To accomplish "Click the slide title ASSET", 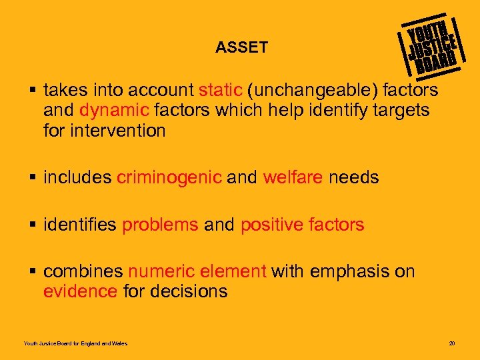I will coord(241,47).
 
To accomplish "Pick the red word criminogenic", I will coord(169,178).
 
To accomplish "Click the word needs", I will coord(353,178).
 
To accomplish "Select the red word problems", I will coord(160,225).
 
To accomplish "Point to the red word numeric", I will coord(160,271).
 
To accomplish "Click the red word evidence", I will coord(81,291).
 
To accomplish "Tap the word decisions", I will coord(189,291).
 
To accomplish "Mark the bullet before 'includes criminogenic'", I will coord(33,178).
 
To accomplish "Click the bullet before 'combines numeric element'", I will coord(33,271).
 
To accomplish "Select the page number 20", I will coord(451,344).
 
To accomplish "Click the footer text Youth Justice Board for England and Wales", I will coord(75,344).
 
